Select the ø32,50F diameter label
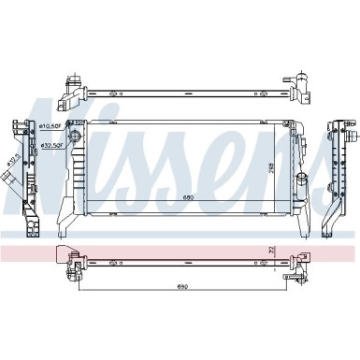(50, 146)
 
